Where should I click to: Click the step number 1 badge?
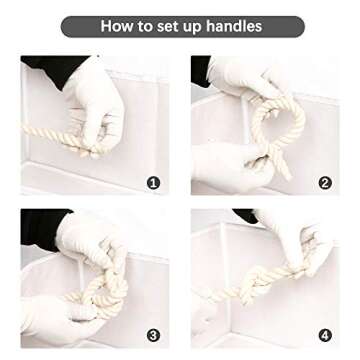[153, 183]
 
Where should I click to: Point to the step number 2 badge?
[325, 183]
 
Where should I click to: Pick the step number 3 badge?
[153, 335]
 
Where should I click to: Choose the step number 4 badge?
[325, 335]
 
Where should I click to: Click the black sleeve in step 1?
[53, 69]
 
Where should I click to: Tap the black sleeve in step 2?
[201, 71]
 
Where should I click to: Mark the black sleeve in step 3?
[42, 228]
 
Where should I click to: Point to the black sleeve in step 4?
[246, 216]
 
